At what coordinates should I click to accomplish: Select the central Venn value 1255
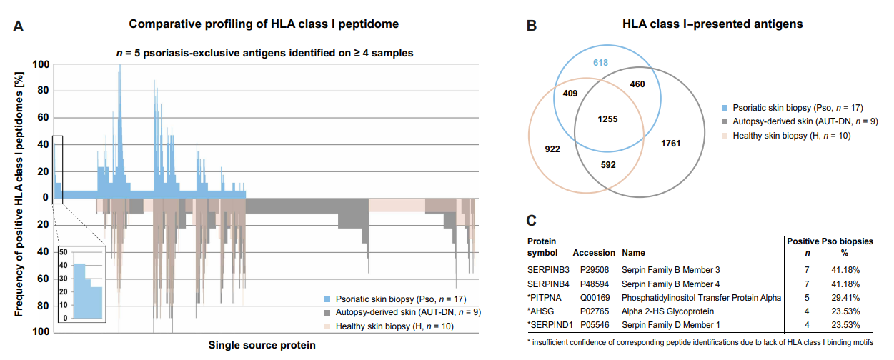tap(608, 119)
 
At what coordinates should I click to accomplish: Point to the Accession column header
tap(593, 252)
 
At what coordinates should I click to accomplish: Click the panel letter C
tap(532, 222)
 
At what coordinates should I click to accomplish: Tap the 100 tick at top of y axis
tap(41, 64)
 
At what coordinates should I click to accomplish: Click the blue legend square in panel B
tap(725, 107)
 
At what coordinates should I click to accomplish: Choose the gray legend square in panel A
tap(327, 311)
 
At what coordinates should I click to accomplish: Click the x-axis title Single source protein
tap(262, 345)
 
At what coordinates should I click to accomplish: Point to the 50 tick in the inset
tap(64, 252)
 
